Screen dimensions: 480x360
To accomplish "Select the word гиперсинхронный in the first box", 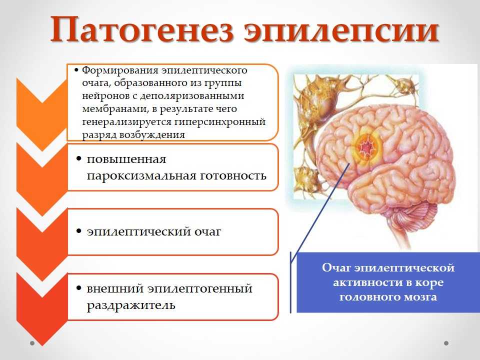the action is (x=220, y=122).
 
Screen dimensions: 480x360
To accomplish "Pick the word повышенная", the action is (x=126, y=159).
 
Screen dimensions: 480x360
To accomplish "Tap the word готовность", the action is (x=233, y=175).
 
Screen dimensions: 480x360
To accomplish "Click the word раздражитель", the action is (x=131, y=305).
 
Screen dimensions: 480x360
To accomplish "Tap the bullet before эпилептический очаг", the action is (x=79, y=231).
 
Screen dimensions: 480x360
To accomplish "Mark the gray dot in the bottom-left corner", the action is (x=32, y=343).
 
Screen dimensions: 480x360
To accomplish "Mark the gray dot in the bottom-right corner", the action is (x=446, y=343).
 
